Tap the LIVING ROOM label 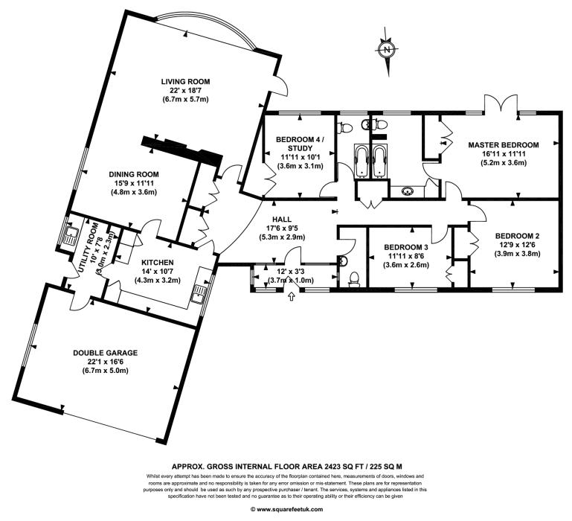tap(185, 81)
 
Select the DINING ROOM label tap(133, 174)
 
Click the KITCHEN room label tap(158, 263)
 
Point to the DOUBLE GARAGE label tap(106, 353)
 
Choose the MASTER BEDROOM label tap(504, 145)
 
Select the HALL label tap(282, 220)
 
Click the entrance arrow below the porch tap(291, 296)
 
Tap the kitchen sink tap(199, 294)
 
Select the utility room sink tap(70, 236)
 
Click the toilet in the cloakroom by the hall tap(354, 279)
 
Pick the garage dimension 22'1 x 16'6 tap(106, 362)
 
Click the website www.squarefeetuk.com tap(286, 509)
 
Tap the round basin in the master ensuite tap(407, 191)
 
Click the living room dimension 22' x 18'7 tap(185, 90)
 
